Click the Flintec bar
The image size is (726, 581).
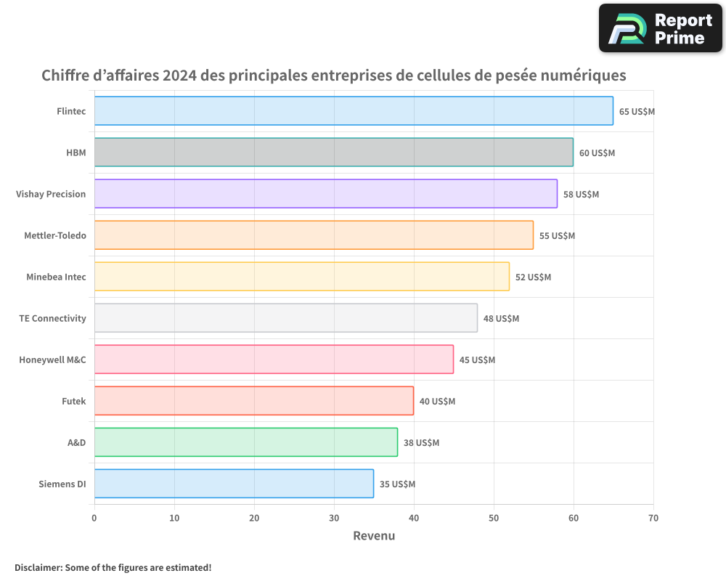(x=354, y=111)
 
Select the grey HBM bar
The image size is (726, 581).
(x=333, y=153)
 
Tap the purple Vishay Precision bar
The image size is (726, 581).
(x=325, y=194)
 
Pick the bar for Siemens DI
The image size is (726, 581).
(x=234, y=484)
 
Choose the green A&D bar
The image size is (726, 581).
(x=245, y=442)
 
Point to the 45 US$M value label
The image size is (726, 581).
(x=477, y=360)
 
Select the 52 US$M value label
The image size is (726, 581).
(x=533, y=277)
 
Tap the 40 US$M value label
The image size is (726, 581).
(x=437, y=402)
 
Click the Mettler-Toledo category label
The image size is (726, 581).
(x=54, y=235)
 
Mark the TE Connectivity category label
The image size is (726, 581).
(x=52, y=318)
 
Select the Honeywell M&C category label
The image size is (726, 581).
(x=52, y=359)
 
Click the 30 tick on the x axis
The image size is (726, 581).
(x=334, y=518)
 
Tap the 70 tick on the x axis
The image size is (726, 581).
(x=653, y=518)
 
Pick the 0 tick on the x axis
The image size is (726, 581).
(x=94, y=518)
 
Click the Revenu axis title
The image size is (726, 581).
(x=374, y=536)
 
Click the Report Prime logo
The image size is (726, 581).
(x=660, y=28)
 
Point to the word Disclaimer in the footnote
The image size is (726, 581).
(x=38, y=567)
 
